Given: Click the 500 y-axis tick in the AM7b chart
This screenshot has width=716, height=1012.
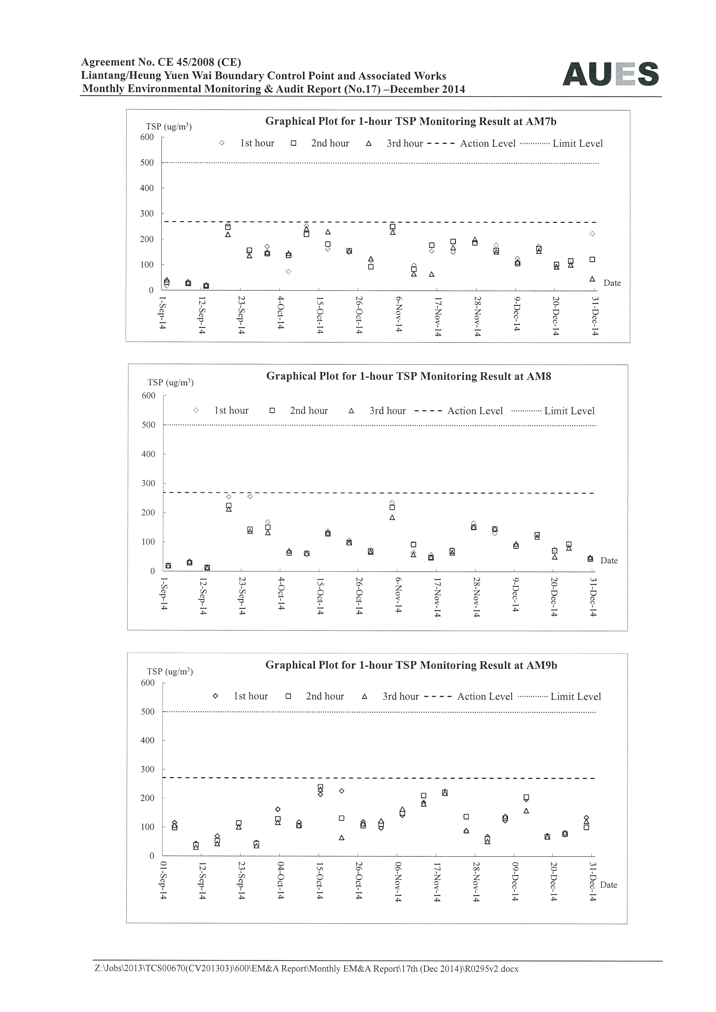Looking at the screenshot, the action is [x=147, y=163].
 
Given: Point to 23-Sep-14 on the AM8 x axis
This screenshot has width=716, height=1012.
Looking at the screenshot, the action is [x=242, y=596].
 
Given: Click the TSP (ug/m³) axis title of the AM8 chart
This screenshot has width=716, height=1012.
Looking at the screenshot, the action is [x=171, y=382].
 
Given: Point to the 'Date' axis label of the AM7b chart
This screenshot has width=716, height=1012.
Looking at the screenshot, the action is [x=612, y=283].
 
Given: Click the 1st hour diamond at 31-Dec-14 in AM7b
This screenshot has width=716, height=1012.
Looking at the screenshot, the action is [x=592, y=234].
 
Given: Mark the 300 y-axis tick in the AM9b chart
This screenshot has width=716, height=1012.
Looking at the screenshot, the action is [x=148, y=769].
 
